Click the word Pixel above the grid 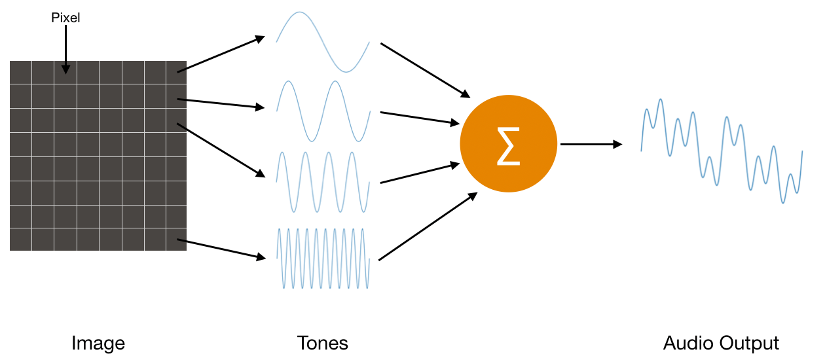click(x=65, y=18)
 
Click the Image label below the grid click(x=98, y=343)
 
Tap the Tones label click(x=322, y=343)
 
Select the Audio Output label click(x=721, y=343)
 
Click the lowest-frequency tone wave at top click(x=322, y=42)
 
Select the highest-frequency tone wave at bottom click(x=323, y=259)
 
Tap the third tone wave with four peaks click(x=323, y=182)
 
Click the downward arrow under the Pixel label click(x=65, y=49)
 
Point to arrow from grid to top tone click(x=221, y=54)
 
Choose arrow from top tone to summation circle click(x=426, y=69)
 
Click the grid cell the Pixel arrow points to click(x=65, y=73)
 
